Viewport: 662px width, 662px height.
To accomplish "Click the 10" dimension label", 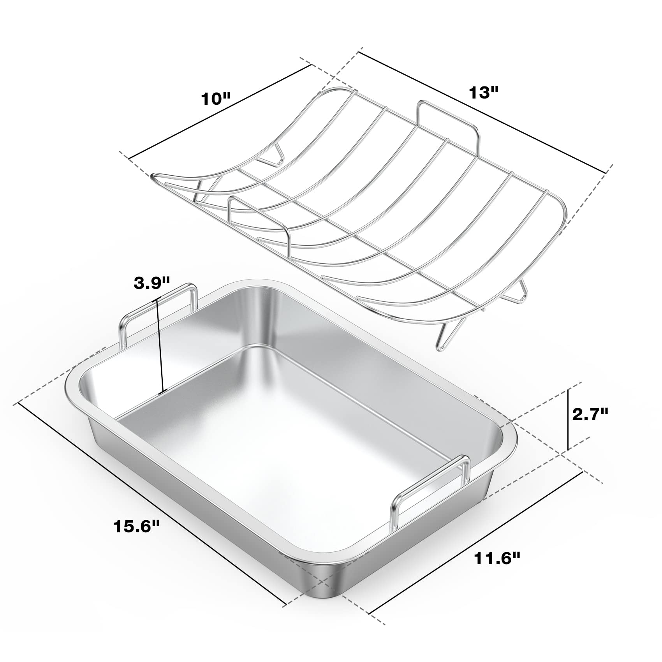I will (216, 99).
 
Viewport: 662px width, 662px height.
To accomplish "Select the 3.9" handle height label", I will (152, 283).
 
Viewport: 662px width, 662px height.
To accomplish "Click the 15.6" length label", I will (137, 527).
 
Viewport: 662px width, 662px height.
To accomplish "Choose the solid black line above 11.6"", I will (475, 528).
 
